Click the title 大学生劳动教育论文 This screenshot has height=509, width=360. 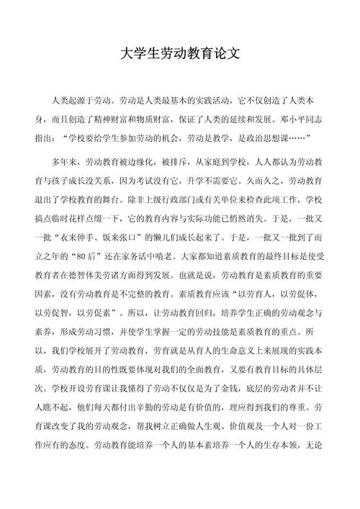click(x=179, y=53)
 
